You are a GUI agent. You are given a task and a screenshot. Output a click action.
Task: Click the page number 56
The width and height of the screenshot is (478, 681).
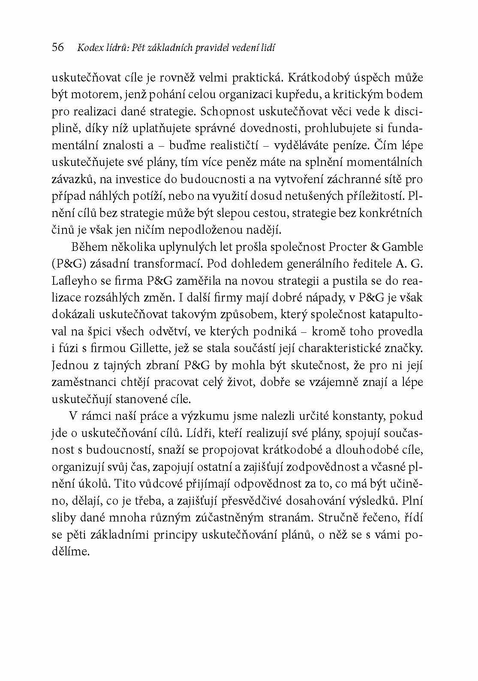(x=57, y=48)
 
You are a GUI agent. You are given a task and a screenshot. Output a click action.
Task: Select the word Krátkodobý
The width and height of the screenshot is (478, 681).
(x=323, y=78)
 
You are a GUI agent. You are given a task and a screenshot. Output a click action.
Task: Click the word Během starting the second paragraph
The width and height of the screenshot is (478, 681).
(x=89, y=247)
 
